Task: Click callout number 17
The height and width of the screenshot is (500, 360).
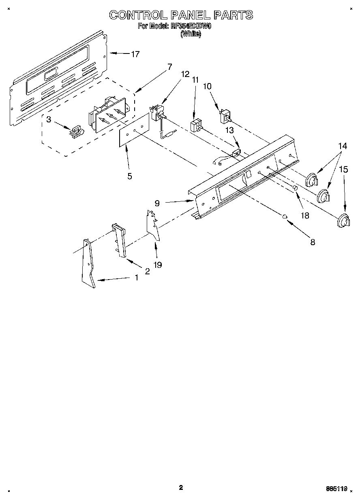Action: pyautogui.click(x=135, y=54)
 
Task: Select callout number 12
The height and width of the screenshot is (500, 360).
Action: pyautogui.click(x=185, y=74)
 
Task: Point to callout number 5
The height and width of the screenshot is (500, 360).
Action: pyautogui.click(x=129, y=176)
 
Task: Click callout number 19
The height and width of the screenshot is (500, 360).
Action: pyautogui.click(x=158, y=265)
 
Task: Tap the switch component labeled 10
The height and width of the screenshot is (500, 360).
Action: pyautogui.click(x=224, y=116)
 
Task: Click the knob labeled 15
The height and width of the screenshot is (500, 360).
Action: pyautogui.click(x=344, y=221)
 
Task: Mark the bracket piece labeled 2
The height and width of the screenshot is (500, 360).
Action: pyautogui.click(x=120, y=241)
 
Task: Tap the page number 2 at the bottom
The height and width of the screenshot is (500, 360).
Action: pyautogui.click(x=181, y=487)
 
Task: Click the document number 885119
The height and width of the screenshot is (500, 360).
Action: pyautogui.click(x=336, y=489)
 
